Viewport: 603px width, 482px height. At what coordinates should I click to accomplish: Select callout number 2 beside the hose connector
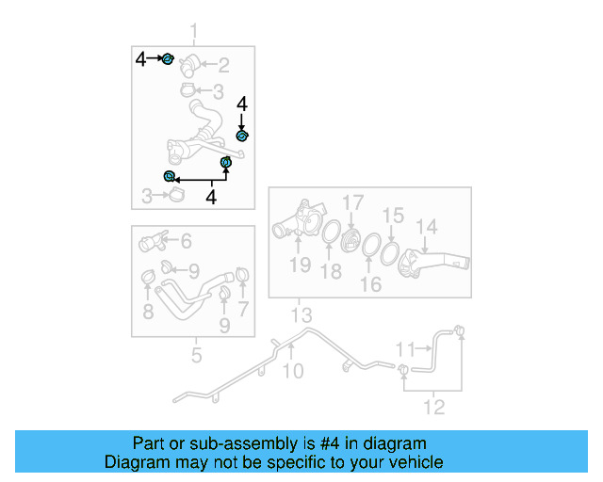tap(223, 65)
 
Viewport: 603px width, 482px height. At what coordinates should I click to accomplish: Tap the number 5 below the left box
tap(196, 356)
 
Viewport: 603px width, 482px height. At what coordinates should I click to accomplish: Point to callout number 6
tap(186, 241)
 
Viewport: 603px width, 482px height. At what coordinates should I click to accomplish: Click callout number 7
tap(243, 309)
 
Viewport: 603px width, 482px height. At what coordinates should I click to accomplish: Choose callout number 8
tap(148, 311)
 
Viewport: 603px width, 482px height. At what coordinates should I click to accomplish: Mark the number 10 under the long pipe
tap(294, 372)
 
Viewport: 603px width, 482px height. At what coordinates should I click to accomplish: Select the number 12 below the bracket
tap(434, 409)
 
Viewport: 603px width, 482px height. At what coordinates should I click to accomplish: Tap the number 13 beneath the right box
tap(301, 314)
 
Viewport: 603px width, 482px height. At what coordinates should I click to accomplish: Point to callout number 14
tap(428, 227)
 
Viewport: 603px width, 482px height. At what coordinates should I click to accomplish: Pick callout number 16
tap(371, 284)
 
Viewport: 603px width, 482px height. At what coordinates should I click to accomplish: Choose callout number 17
tap(352, 202)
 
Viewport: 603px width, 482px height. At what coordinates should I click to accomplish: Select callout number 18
tap(331, 272)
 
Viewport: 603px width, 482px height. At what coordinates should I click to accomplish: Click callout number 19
tap(300, 265)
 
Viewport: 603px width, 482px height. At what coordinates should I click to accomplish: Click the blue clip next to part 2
tap(168, 60)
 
